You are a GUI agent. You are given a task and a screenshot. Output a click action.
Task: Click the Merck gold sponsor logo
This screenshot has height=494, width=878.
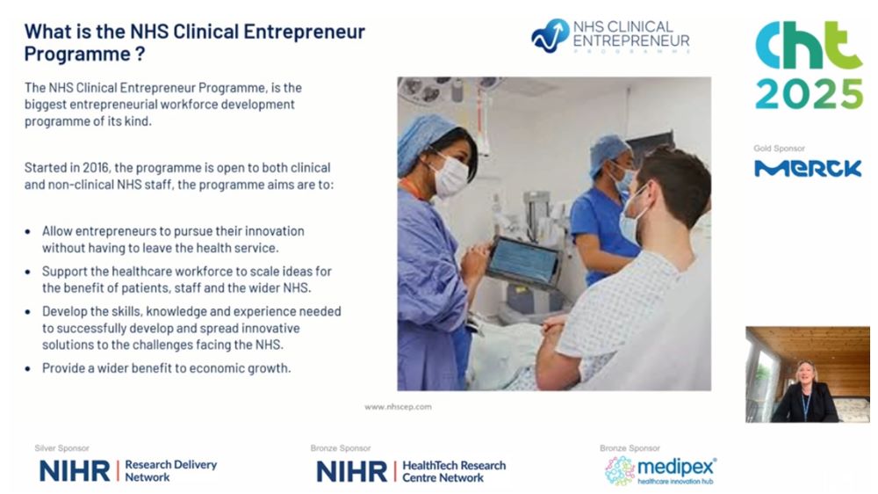(x=808, y=168)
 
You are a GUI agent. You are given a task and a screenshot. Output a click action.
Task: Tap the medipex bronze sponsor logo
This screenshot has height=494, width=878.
(x=661, y=470)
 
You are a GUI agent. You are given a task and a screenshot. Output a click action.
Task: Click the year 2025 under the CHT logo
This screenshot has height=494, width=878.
(x=810, y=94)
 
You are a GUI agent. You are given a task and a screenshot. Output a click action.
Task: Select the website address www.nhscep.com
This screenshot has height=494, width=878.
(x=398, y=407)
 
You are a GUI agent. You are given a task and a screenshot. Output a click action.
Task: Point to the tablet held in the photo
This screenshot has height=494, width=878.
(x=523, y=262)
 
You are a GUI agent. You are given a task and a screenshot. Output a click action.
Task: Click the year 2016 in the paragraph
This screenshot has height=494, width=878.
(x=96, y=168)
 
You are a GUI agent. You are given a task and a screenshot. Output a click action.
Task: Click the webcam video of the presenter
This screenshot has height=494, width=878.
(x=808, y=374)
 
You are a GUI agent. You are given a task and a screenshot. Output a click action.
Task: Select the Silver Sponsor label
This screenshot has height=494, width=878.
(x=61, y=448)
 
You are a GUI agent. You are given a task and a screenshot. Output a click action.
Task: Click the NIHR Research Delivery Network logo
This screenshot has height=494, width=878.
(x=128, y=471)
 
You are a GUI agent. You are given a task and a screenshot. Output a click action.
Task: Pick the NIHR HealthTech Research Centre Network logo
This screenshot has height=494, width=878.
(x=411, y=471)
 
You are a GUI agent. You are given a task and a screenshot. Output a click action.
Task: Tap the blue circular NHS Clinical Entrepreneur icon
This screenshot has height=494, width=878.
(x=550, y=36)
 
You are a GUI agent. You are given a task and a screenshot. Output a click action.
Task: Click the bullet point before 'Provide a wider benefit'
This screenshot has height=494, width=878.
(x=28, y=369)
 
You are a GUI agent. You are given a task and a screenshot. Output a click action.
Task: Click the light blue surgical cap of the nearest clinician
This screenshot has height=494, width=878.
(x=423, y=139)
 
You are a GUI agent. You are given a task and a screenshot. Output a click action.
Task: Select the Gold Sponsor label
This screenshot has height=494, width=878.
(x=779, y=149)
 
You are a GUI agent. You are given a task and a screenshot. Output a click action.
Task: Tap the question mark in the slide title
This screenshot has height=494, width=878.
(x=140, y=54)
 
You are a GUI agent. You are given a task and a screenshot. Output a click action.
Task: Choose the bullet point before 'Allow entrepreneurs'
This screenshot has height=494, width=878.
(x=28, y=231)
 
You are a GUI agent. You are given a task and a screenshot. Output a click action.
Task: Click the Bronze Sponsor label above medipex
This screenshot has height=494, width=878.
(x=630, y=448)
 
